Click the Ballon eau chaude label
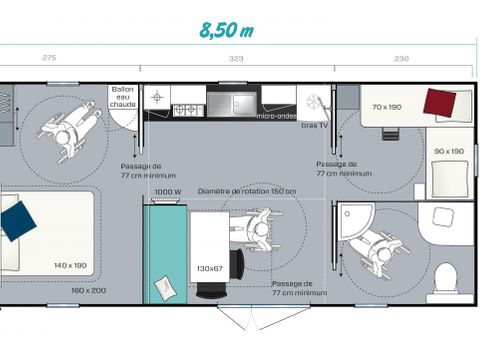click(x=122, y=97)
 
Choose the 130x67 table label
click(x=209, y=269)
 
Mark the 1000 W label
click(x=167, y=192)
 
